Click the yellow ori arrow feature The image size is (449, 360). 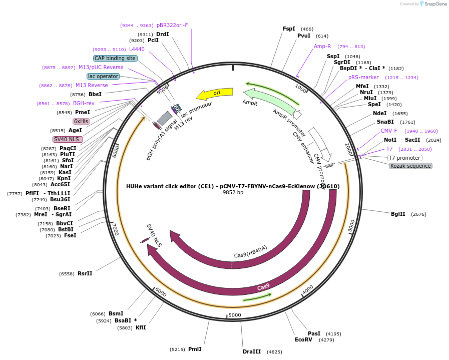(x=215, y=93)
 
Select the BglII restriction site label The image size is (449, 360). (x=398, y=214)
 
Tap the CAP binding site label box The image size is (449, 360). (x=115, y=58)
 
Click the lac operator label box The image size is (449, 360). (x=103, y=76)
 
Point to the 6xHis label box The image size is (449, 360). (x=81, y=121)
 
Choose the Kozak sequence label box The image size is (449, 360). (x=410, y=166)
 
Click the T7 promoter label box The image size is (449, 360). (x=404, y=158)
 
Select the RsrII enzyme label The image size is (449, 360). (x=85, y=273)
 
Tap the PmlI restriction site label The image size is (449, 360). (x=195, y=349)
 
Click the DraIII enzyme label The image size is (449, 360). (x=252, y=351)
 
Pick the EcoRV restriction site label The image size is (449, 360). (x=303, y=339)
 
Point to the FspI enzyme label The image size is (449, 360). (x=289, y=29)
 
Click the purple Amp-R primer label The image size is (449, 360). (x=322, y=46)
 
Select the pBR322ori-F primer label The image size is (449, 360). (x=172, y=25)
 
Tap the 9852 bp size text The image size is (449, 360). (x=233, y=192)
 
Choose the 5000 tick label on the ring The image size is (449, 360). (x=235, y=315)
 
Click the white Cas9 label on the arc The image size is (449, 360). (x=263, y=287)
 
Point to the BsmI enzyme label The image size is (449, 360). (x=116, y=313)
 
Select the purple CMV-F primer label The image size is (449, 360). (x=388, y=131)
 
